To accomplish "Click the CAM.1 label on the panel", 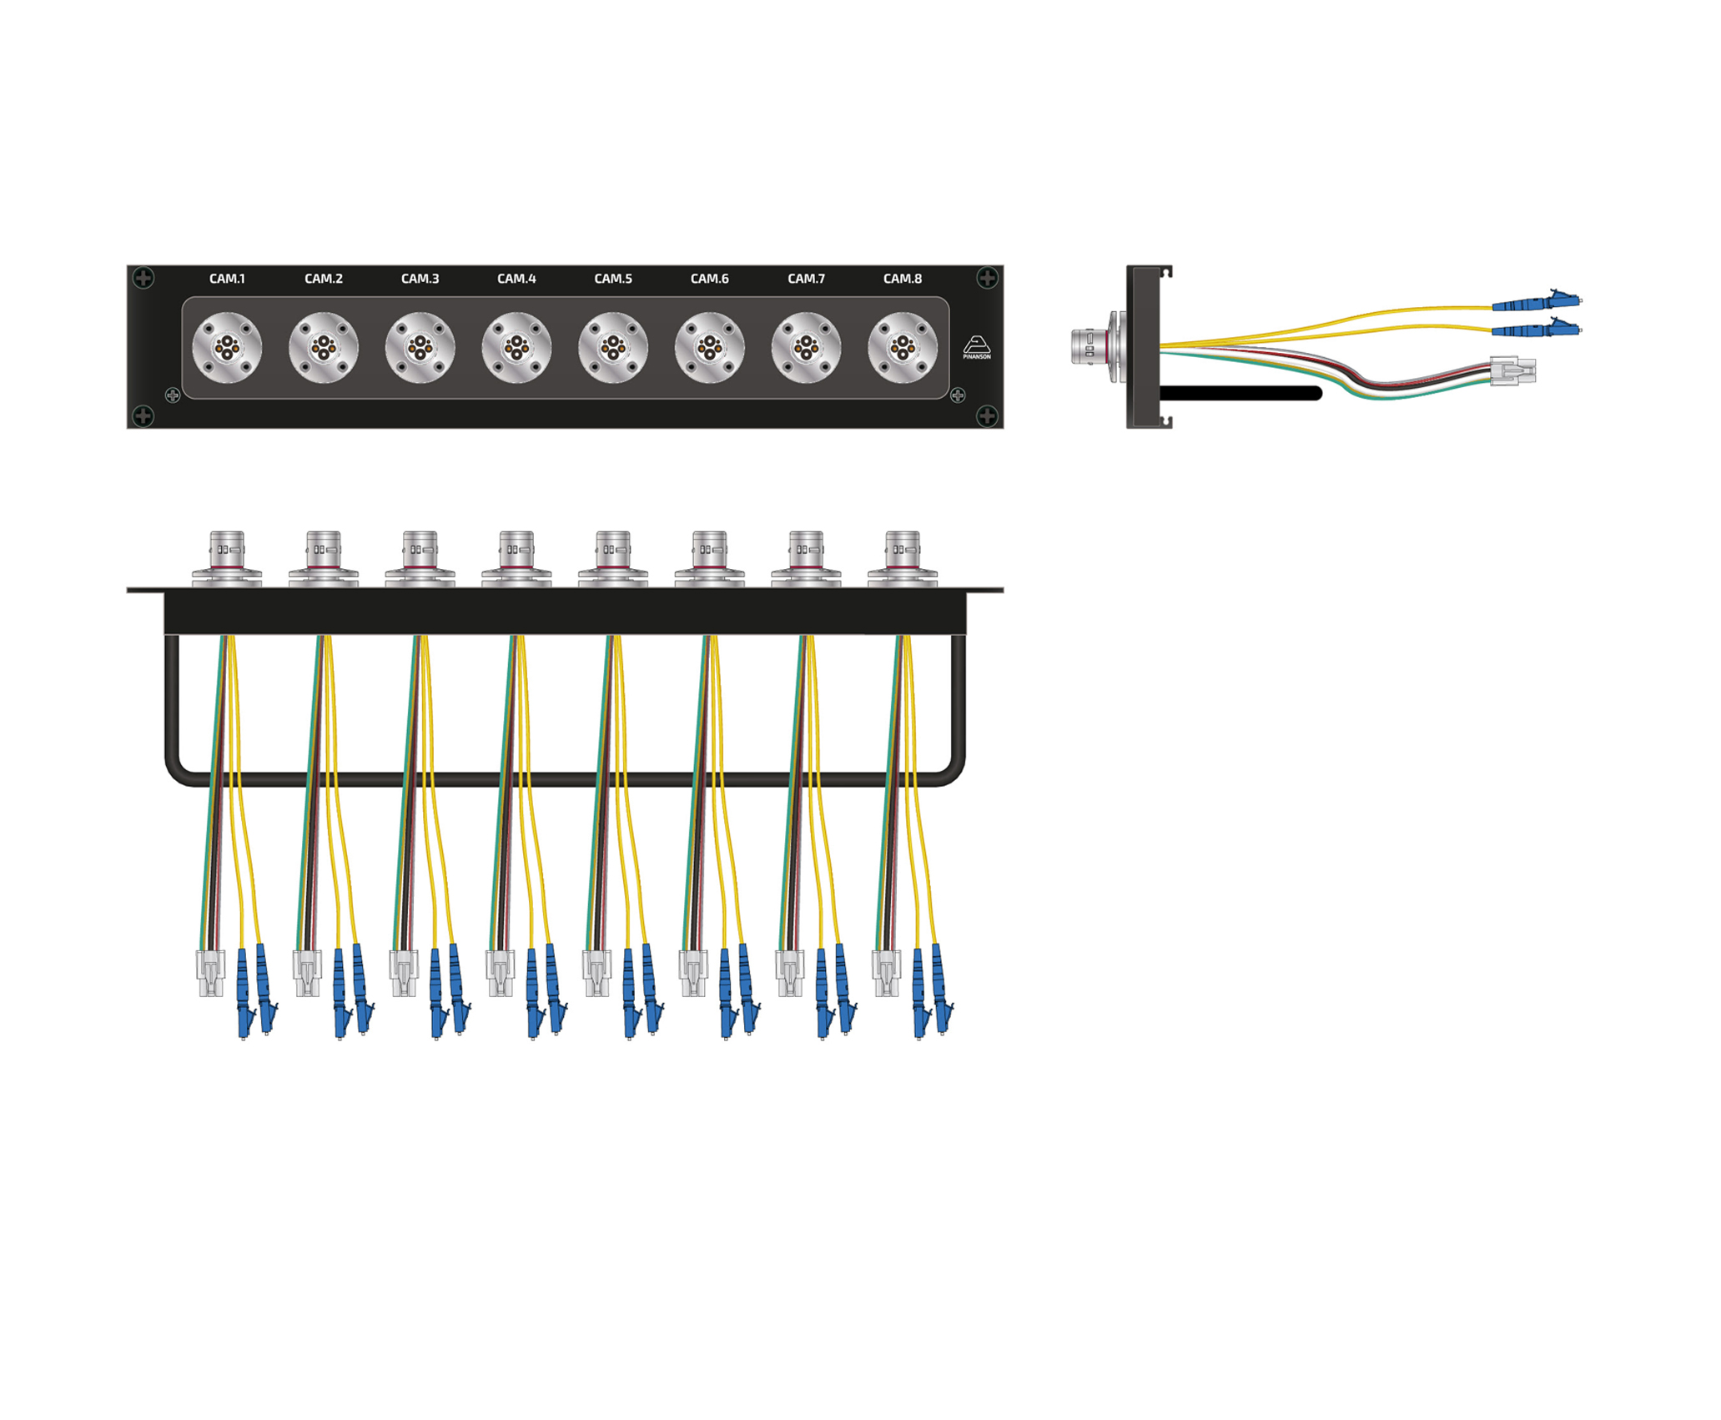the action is point(227,279).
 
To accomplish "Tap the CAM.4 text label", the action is point(516,279).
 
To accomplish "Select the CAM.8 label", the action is point(903,279).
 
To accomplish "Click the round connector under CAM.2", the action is point(324,348).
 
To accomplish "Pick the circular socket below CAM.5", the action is point(613,348).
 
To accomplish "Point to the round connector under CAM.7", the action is point(806,348).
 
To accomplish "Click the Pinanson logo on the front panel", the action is point(977,347).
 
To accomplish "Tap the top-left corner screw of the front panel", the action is point(143,278).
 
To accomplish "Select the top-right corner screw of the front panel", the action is point(988,278).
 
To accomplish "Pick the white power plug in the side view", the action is point(1512,370).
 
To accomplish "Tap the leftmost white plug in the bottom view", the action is point(210,973).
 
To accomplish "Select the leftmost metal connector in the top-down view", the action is point(227,559).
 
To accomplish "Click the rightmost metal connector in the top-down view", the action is point(903,559).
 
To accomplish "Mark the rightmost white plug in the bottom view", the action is point(886,973).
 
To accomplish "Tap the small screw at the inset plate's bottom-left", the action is point(173,395).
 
